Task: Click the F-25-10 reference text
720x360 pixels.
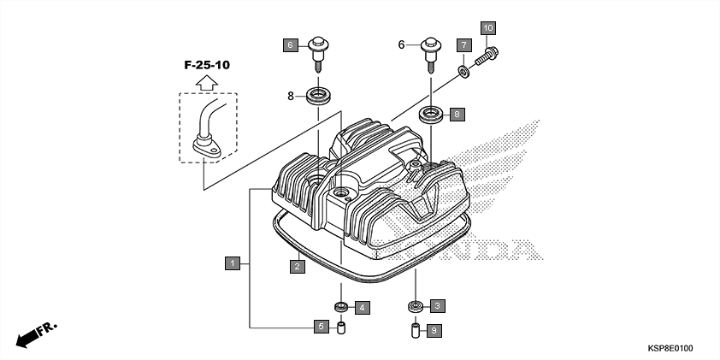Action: [x=206, y=64]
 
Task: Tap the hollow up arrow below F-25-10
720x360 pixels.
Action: [x=205, y=82]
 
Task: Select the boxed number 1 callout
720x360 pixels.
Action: [x=232, y=263]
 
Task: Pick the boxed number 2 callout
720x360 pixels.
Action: [x=296, y=267]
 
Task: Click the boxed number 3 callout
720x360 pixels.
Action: [x=437, y=305]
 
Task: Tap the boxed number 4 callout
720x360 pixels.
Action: [x=362, y=306]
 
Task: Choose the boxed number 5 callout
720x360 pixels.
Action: [x=321, y=327]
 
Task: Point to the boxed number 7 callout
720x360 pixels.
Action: [x=463, y=44]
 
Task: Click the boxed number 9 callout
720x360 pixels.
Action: [x=434, y=330]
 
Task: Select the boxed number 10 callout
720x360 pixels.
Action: [x=487, y=28]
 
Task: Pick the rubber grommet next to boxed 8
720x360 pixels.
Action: [x=431, y=113]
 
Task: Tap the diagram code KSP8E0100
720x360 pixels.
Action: [x=670, y=349]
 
